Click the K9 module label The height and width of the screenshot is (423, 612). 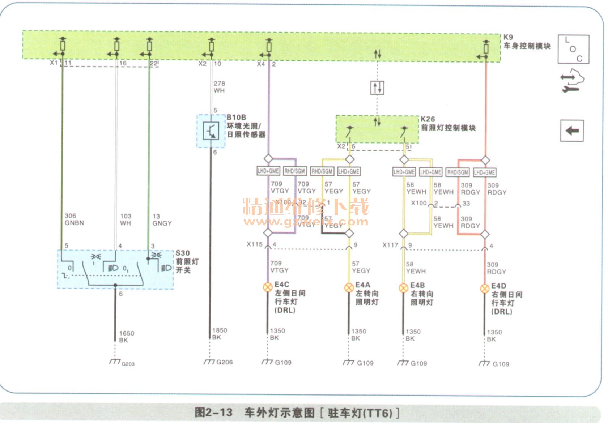click(x=508, y=37)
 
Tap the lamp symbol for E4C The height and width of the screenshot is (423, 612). click(x=267, y=287)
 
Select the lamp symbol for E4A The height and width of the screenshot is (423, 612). click(x=349, y=288)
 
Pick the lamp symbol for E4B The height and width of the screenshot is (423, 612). click(x=403, y=288)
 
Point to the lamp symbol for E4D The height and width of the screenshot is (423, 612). click(x=485, y=289)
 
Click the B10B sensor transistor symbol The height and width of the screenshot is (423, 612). click(x=211, y=131)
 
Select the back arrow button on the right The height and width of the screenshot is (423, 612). click(x=572, y=131)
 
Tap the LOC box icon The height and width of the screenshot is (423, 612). click(x=573, y=49)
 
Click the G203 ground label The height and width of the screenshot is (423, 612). click(x=128, y=364)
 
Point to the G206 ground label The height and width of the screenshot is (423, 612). click(x=224, y=362)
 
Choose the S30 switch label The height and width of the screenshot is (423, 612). click(x=183, y=253)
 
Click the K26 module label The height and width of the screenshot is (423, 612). click(x=428, y=119)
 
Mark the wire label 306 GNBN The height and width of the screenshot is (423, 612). click(x=74, y=219)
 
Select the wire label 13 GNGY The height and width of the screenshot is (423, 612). click(x=162, y=220)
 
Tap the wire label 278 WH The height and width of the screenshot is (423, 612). click(x=219, y=87)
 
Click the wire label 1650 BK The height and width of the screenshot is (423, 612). click(x=127, y=337)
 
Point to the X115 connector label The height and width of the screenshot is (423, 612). click(x=255, y=244)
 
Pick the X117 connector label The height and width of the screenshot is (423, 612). click(x=390, y=245)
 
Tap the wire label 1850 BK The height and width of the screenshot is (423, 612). click(x=220, y=334)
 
